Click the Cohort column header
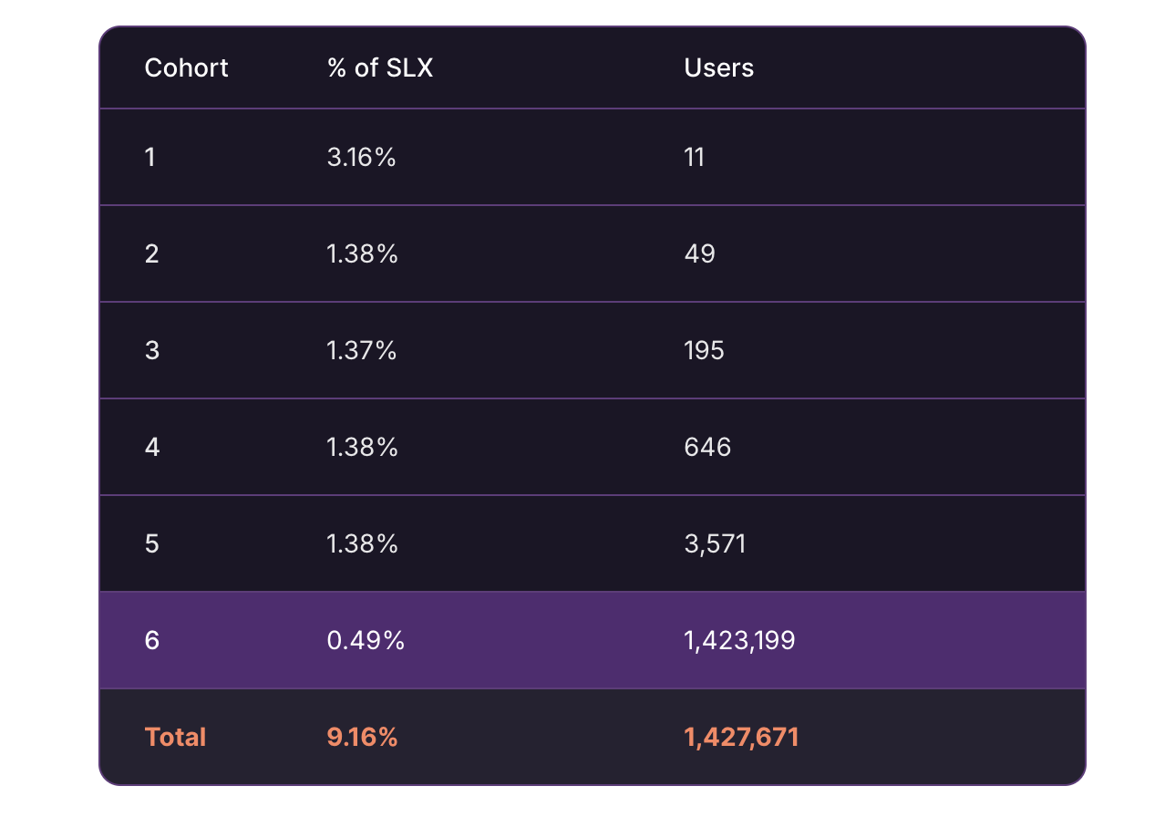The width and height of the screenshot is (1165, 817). click(x=186, y=68)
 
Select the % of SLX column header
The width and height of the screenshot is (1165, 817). click(x=379, y=68)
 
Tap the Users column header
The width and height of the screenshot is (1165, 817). click(x=718, y=68)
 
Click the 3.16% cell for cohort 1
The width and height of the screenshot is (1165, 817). click(x=361, y=158)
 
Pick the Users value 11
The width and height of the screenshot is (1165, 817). click(x=694, y=158)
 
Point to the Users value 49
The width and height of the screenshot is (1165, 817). click(x=699, y=253)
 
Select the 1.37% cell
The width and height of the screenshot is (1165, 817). click(x=361, y=350)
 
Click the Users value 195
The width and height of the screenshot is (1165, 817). click(x=704, y=350)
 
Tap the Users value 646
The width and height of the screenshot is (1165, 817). click(x=707, y=447)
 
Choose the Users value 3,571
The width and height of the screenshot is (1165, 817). click(x=715, y=544)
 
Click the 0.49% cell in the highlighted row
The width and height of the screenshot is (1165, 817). click(x=365, y=641)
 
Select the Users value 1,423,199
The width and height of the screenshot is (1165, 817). click(x=739, y=641)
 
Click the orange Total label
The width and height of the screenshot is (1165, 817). click(x=175, y=737)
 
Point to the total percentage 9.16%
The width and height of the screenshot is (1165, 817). click(x=362, y=737)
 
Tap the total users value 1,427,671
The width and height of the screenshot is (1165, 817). click(x=741, y=737)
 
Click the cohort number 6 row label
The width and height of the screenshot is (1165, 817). click(x=151, y=641)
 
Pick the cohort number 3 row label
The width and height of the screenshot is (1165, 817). click(x=151, y=350)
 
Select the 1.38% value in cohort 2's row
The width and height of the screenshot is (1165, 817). click(x=362, y=253)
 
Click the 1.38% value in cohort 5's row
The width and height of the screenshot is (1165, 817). click(x=362, y=544)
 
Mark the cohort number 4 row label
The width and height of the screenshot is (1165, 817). click(x=151, y=447)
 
